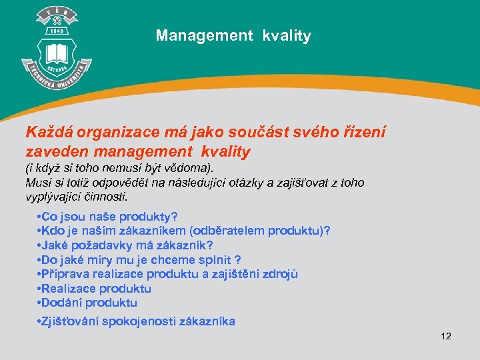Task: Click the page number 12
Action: (x=446, y=336)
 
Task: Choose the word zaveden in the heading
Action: (x=55, y=152)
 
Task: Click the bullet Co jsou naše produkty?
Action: (x=108, y=217)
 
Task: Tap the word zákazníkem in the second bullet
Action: (x=154, y=231)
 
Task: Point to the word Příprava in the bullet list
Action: (x=63, y=274)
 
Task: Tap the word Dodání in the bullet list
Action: (x=61, y=303)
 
